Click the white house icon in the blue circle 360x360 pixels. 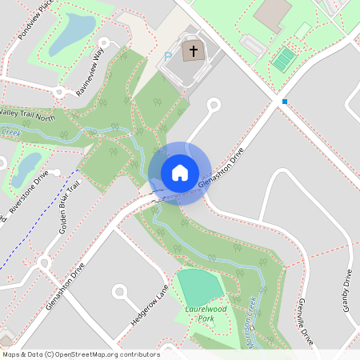pyautogui.click(x=179, y=173)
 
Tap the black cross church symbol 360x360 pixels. pyautogui.click(x=192, y=52)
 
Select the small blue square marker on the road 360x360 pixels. pyautogui.click(x=284, y=102)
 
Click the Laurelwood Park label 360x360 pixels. pyautogui.click(x=206, y=313)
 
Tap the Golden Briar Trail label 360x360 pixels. pyautogui.click(x=69, y=207)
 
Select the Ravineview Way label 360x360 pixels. pyautogui.click(x=90, y=73)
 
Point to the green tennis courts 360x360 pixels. pyautogui.click(x=283, y=58)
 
